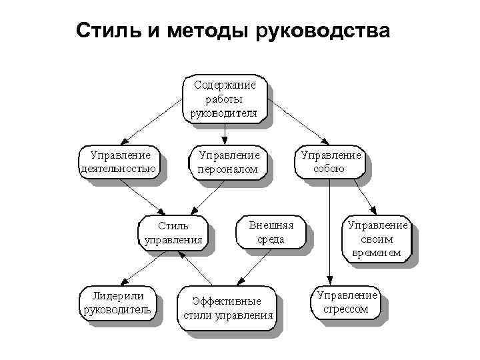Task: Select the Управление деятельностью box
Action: click(119, 161)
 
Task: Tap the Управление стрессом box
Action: click(345, 302)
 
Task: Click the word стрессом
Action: click(345, 309)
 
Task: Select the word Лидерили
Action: click(117, 295)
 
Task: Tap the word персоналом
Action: click(227, 169)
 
